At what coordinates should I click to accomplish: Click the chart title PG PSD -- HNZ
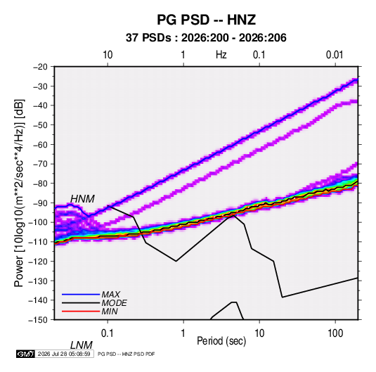pos(206,20)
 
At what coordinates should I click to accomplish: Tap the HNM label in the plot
pos(82,199)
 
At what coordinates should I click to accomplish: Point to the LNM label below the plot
pos(82,345)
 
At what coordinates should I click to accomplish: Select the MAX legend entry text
pos(110,294)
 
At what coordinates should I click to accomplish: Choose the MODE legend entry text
pos(114,303)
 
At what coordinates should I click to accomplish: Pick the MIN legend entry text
pos(110,312)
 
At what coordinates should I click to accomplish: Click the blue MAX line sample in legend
pos(81,294)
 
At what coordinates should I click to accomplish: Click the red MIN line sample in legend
pos(81,312)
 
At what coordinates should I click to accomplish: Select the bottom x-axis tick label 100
pos(335,333)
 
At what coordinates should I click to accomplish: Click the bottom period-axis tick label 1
pos(183,333)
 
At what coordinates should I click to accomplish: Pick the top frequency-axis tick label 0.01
pos(335,55)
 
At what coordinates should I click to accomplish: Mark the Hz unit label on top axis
pos(221,55)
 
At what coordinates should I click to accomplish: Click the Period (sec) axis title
pos(221,341)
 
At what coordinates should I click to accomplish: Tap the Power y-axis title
pos(19,193)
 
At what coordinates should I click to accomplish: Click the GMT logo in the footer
pos(25,354)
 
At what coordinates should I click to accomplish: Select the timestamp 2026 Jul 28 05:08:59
pos(64,354)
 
